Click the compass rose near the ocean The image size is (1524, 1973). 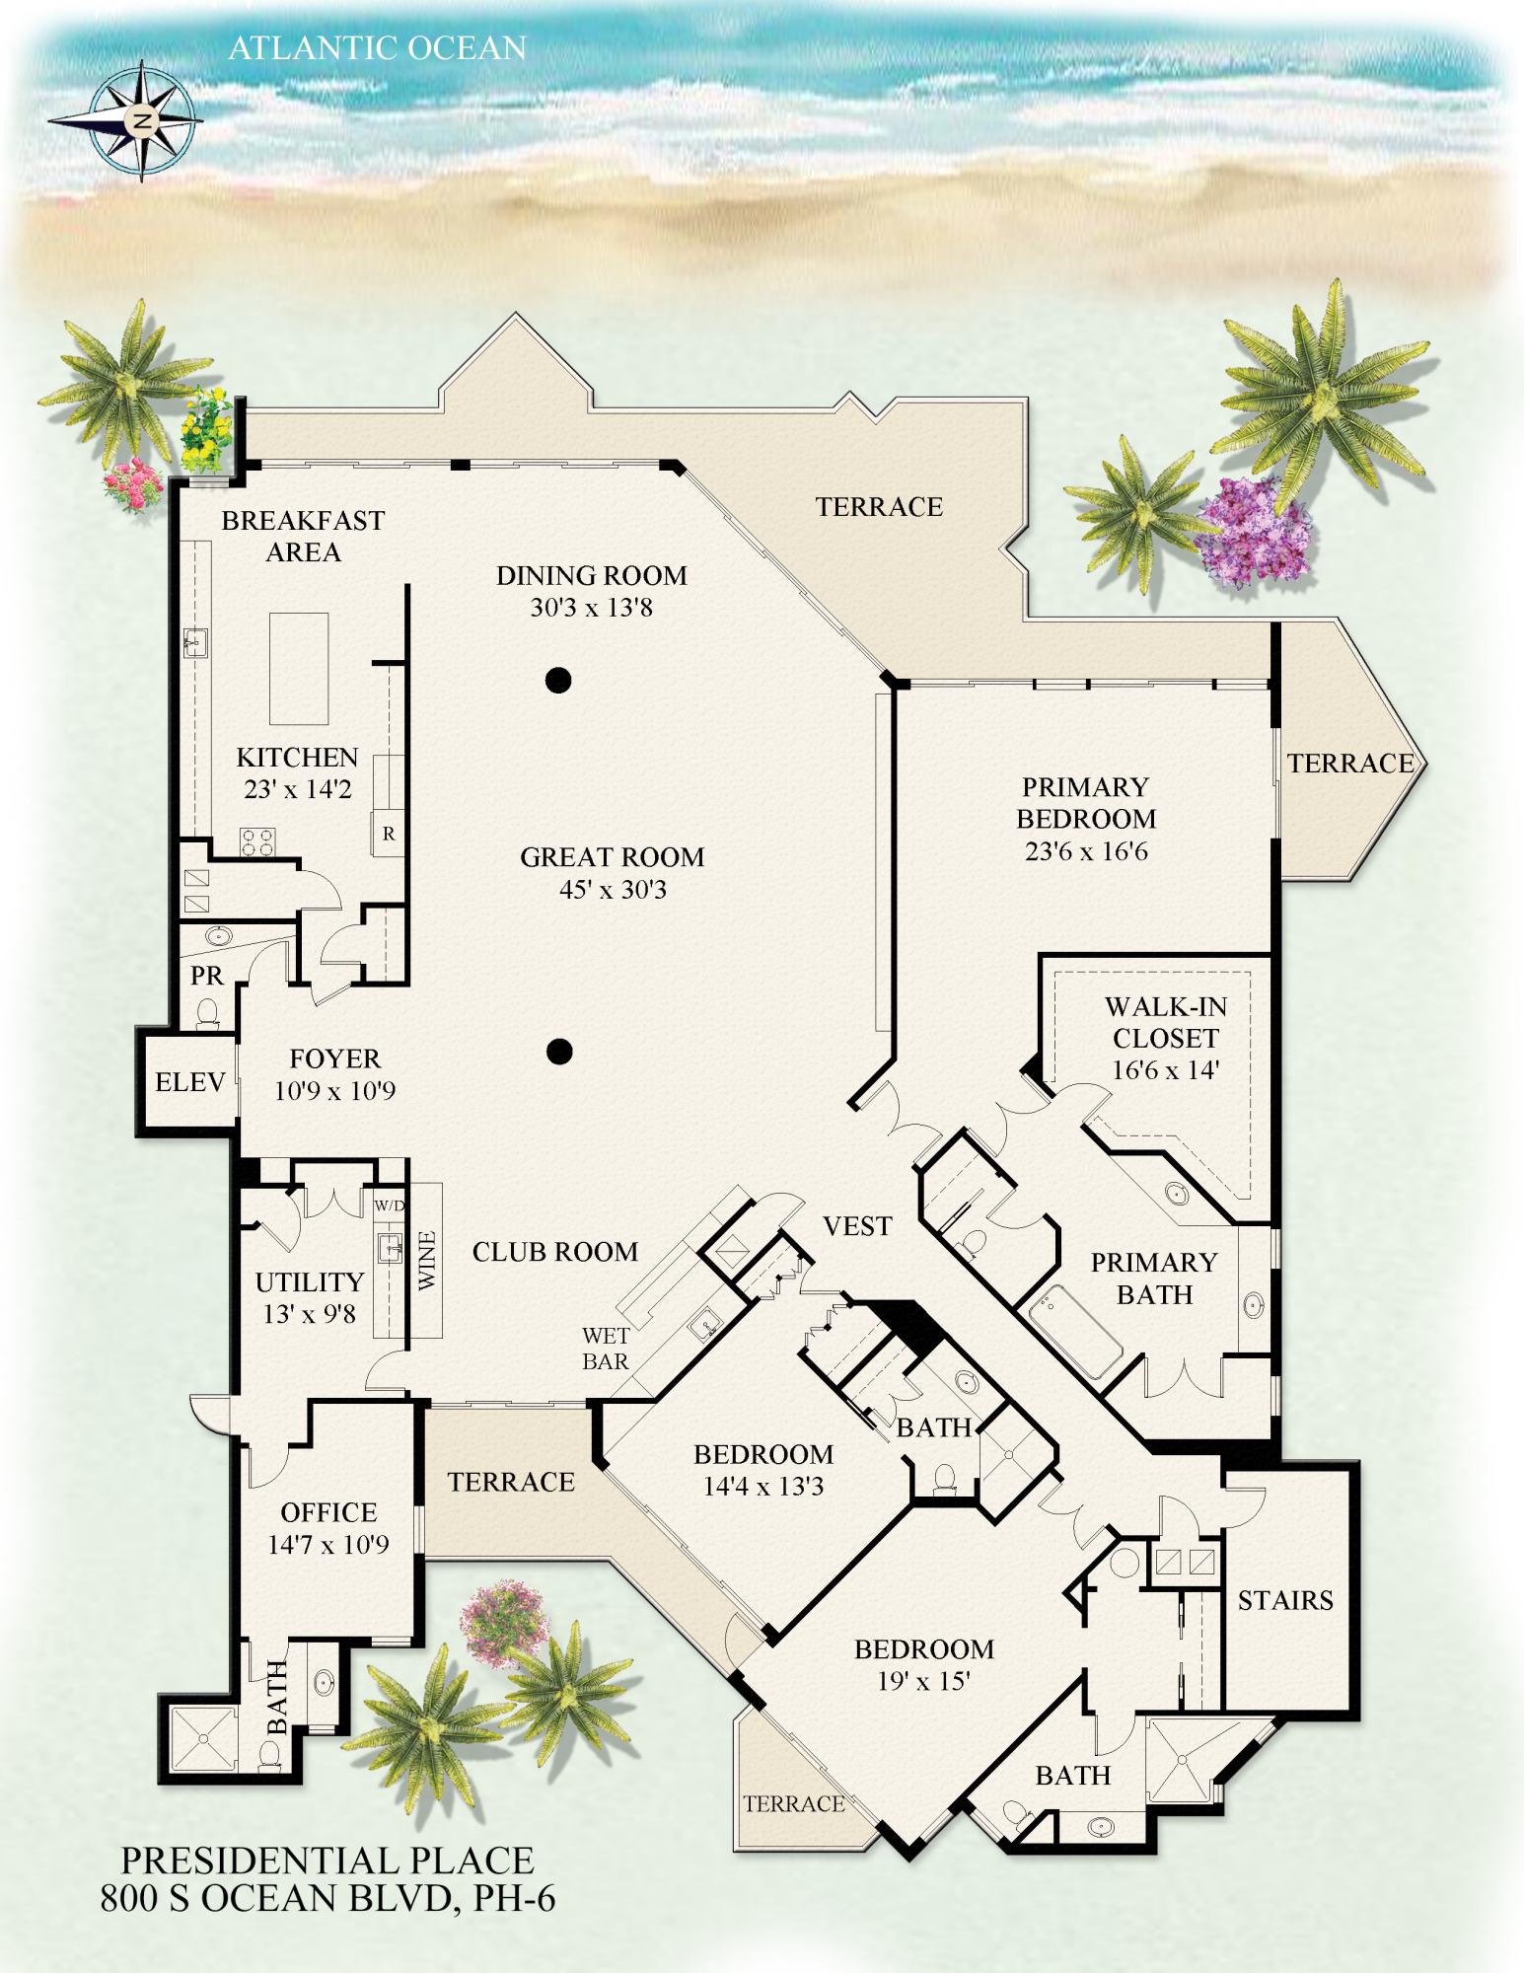(141, 121)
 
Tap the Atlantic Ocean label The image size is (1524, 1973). (378, 47)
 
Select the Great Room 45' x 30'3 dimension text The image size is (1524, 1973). (613, 890)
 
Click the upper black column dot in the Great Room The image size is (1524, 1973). (558, 680)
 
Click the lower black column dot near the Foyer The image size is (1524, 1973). (559, 1052)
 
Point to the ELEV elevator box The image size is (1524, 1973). (190, 1082)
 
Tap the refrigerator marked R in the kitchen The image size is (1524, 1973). (389, 834)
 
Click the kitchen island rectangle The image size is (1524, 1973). (299, 668)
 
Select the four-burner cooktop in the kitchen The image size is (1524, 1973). (257, 841)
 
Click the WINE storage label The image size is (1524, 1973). (427, 1260)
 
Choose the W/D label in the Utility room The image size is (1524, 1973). (390, 1206)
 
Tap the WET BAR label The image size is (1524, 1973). (606, 1349)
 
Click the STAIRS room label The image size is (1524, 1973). (1285, 1600)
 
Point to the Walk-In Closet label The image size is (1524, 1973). (1166, 1022)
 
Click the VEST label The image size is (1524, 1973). (857, 1226)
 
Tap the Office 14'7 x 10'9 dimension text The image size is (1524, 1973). (328, 1544)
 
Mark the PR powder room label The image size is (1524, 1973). (206, 976)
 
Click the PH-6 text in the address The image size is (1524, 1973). (514, 1898)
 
